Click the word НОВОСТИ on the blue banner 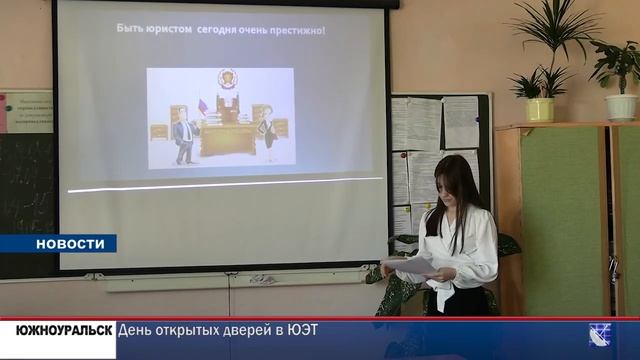[70, 244]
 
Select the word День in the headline [136, 331]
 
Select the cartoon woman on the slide [267, 136]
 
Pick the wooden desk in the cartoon [227, 138]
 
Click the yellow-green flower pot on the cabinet [540, 109]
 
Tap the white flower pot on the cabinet [620, 106]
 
